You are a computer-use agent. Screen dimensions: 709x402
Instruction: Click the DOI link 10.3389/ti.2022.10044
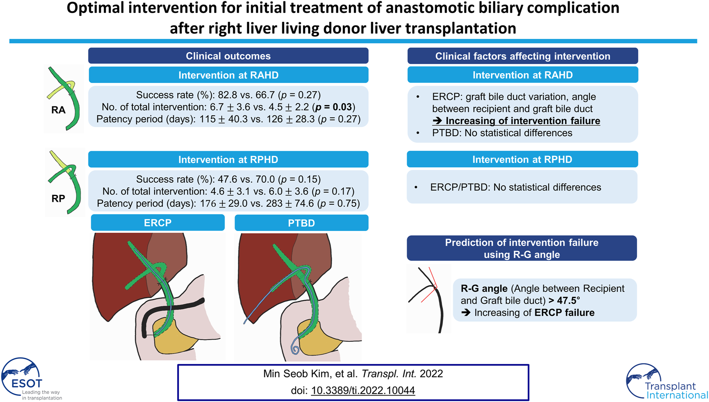pos(363,390)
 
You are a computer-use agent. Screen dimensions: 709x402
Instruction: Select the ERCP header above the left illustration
pos(157,223)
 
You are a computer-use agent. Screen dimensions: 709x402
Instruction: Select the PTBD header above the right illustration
pos(301,223)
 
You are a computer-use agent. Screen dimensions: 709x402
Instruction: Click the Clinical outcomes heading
pos(228,56)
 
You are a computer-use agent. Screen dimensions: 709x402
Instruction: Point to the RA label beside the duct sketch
pos(58,110)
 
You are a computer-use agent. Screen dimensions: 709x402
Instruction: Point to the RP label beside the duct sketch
pos(58,199)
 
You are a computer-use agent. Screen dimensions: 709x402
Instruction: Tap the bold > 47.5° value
pos(564,300)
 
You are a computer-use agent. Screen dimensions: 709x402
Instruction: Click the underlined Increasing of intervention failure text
pos(523,121)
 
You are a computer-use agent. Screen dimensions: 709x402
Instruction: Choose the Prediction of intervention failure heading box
pos(522,248)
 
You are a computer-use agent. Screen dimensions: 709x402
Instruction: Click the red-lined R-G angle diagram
pos(428,300)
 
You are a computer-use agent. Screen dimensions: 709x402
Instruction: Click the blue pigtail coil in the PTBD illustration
pos(295,349)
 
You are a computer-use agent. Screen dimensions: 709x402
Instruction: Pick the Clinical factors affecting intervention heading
pos(522,56)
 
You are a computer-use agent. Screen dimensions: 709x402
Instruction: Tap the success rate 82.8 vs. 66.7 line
pos(229,95)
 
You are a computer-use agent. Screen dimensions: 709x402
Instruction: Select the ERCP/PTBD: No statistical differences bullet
pos(516,187)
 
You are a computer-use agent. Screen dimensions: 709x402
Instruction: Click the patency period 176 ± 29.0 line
pos(229,203)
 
